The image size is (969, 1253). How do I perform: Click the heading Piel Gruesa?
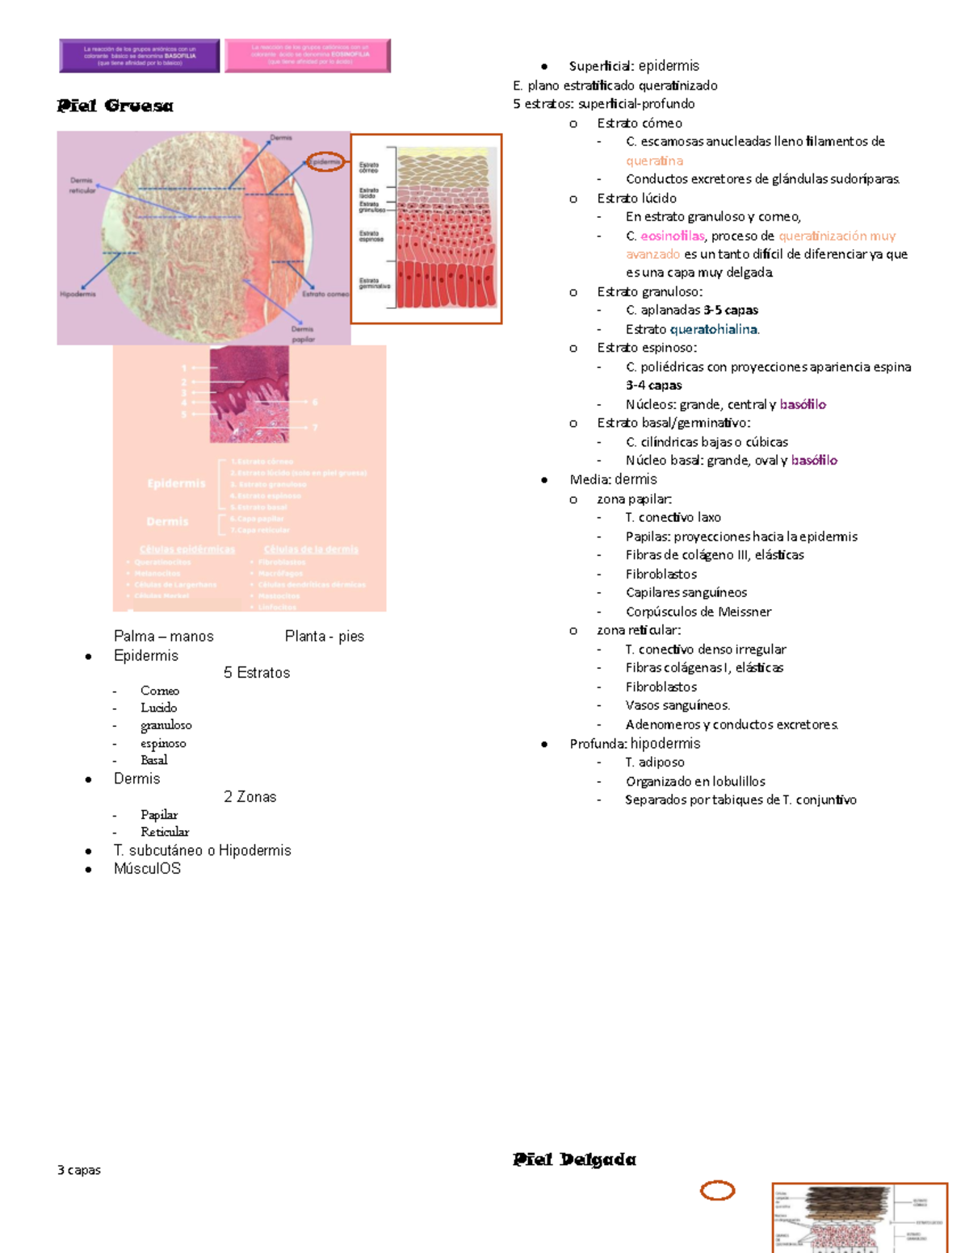115,106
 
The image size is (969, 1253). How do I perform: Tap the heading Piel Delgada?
574,1159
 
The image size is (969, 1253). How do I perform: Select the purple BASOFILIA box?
140,56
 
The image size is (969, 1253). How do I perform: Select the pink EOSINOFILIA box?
308,56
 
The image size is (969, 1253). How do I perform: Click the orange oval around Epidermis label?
325,162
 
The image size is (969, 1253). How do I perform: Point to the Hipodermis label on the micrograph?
78,294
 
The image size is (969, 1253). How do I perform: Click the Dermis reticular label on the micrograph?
82,186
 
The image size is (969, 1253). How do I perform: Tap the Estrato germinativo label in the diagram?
374,283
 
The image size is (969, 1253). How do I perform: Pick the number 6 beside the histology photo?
315,402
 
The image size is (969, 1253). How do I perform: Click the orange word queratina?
654,161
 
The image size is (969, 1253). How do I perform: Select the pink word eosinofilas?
672,236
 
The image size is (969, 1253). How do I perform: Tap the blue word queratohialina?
714,329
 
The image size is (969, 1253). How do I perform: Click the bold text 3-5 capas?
731,310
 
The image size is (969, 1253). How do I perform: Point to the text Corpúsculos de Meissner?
698,612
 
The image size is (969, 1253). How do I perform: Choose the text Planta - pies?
325,637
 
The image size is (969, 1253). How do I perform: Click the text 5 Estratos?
257,673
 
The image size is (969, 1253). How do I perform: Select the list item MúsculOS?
147,869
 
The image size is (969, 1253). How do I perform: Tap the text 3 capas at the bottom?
79,1170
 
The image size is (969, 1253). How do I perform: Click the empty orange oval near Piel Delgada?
717,1190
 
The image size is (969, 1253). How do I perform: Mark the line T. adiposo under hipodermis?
655,762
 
